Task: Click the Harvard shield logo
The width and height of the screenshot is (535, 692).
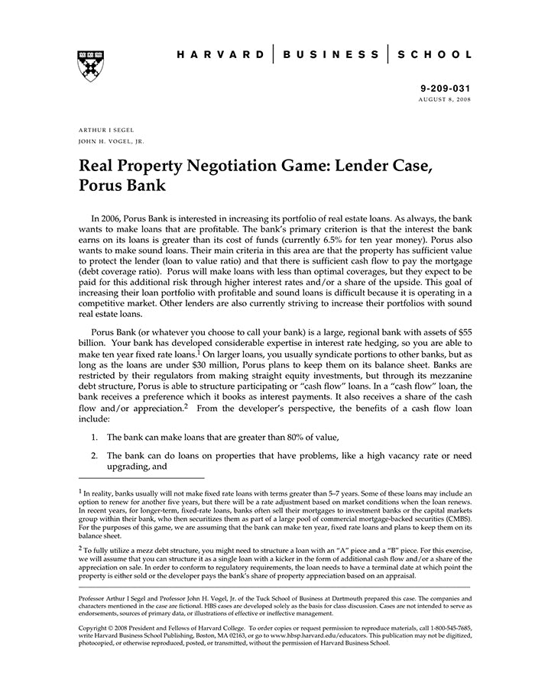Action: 91,66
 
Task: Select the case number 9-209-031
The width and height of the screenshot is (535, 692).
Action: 446,89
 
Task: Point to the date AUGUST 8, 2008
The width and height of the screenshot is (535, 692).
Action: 444,100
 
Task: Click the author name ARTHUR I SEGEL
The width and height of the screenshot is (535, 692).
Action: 106,130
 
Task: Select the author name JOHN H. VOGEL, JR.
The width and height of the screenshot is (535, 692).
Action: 111,141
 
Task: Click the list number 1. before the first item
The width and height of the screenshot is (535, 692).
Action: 94,437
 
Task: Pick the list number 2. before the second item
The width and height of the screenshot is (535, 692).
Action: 94,456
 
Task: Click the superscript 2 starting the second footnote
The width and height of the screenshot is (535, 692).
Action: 80,548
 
